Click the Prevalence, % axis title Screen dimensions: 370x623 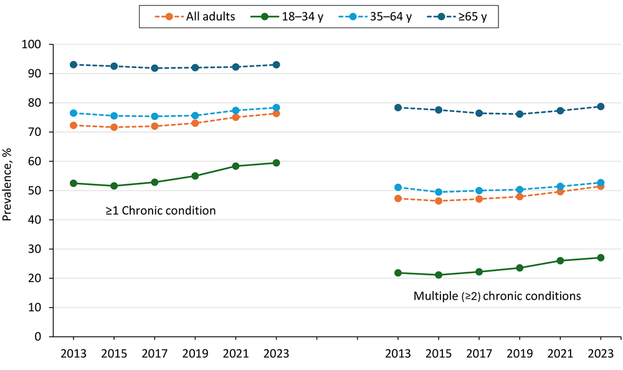pyautogui.click(x=9, y=190)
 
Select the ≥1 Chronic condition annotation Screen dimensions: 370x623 pyautogui.click(x=160, y=211)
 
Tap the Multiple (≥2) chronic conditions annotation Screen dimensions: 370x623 pyautogui.click(x=497, y=296)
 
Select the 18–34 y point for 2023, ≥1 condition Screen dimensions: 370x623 pyautogui.click(x=276, y=163)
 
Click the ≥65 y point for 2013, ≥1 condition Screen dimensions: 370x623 pyautogui.click(x=74, y=65)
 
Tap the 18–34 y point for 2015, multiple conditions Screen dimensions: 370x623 pyautogui.click(x=438, y=275)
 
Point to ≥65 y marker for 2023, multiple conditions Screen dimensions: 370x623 pyautogui.click(x=600, y=107)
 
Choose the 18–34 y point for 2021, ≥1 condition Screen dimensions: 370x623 pyautogui.click(x=235, y=166)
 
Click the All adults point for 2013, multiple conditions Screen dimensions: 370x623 pyautogui.click(x=397, y=198)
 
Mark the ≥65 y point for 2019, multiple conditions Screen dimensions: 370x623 pyautogui.click(x=519, y=114)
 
